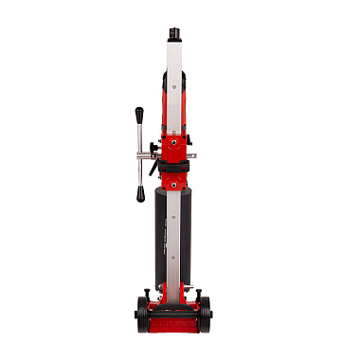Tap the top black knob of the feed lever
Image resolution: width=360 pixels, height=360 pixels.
click(x=138, y=115)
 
